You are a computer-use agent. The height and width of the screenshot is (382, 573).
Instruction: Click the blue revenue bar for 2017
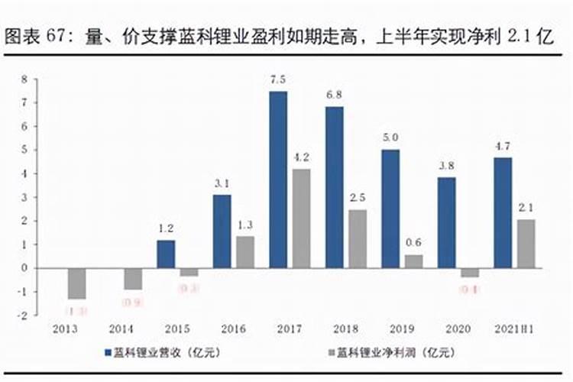(278, 180)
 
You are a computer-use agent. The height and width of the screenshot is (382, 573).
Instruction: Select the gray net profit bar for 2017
(301, 219)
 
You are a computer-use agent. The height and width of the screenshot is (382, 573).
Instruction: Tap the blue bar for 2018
(335, 187)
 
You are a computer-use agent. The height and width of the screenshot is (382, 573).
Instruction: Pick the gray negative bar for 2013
(76, 283)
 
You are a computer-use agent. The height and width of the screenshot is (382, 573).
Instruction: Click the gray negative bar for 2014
(133, 279)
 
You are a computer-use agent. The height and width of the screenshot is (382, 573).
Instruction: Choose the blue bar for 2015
(166, 254)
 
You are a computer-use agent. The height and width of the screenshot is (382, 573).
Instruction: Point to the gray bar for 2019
(413, 261)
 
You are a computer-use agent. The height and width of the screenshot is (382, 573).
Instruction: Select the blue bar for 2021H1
(503, 212)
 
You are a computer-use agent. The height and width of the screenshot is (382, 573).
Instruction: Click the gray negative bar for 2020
(470, 272)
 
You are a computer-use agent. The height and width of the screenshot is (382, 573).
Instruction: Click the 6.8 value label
(335, 95)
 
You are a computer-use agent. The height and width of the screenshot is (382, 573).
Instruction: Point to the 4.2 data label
(301, 157)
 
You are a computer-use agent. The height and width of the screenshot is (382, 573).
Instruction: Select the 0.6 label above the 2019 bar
(413, 243)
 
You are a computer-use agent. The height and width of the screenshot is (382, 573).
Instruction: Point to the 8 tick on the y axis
(24, 79)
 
